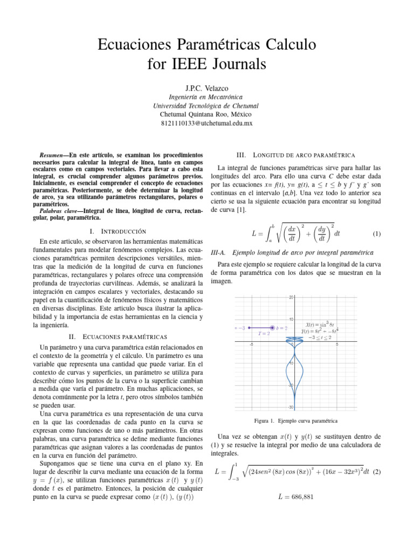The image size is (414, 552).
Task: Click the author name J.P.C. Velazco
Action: (x=206, y=87)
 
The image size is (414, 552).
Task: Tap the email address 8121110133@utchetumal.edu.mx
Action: (x=206, y=123)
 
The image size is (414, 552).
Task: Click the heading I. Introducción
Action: (x=117, y=231)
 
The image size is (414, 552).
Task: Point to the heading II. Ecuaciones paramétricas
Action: (x=117, y=336)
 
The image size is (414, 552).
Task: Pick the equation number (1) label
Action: (x=377, y=234)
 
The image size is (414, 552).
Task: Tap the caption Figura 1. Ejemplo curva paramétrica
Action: (x=296, y=420)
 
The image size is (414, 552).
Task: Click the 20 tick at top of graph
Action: (x=291, y=297)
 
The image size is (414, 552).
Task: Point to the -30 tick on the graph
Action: (x=290, y=407)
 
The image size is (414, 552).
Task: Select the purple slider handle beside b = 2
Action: (x=273, y=328)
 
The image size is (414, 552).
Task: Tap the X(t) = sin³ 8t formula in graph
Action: (x=320, y=324)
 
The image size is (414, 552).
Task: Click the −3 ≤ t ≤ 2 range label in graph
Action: (x=322, y=337)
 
